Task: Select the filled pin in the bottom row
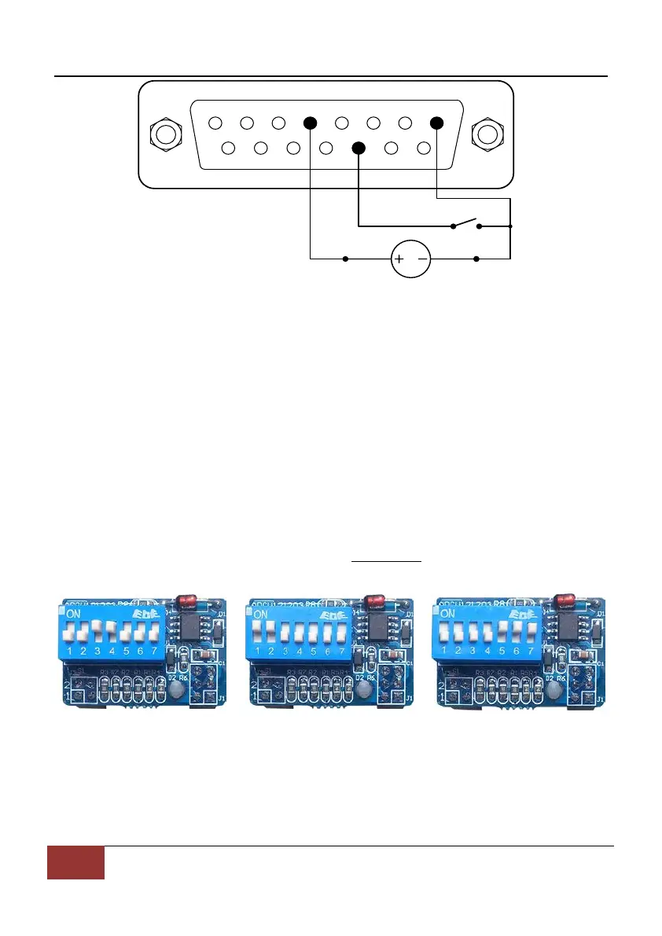point(359,148)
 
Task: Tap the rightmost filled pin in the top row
point(437,123)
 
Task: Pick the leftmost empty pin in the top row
point(215,123)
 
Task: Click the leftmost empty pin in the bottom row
point(230,148)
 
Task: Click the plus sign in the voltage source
point(399,259)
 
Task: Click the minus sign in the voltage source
point(422,259)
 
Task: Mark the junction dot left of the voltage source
point(346,259)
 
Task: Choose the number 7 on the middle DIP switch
point(342,651)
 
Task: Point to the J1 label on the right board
point(601,698)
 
